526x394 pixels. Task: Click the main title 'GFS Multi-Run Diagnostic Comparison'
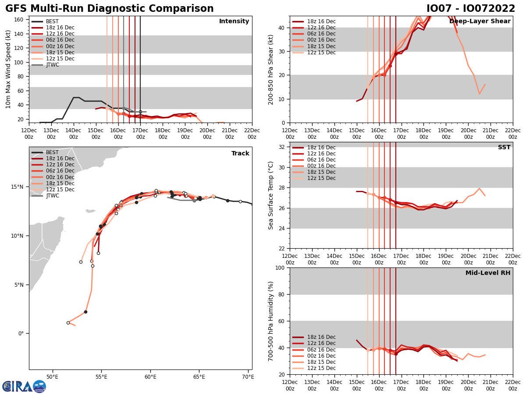(110, 9)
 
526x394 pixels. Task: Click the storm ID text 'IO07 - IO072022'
(471, 9)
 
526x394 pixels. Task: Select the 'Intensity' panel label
(234, 21)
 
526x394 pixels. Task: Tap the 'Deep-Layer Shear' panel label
(480, 21)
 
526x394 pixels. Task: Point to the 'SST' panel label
(504, 148)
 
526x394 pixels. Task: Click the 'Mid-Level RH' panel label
(488, 273)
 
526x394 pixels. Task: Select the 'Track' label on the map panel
(240, 154)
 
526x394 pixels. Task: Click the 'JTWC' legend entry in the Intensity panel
(53, 65)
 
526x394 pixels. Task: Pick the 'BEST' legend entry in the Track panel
(52, 152)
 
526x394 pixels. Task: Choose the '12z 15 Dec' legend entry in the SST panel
(321, 178)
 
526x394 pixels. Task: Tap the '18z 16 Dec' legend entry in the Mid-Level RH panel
(321, 337)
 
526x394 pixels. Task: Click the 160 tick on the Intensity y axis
(19, 20)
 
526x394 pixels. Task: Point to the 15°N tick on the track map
(18, 187)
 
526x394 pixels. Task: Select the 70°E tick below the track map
(248, 377)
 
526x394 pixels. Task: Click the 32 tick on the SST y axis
(282, 147)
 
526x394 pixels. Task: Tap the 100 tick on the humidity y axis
(281, 268)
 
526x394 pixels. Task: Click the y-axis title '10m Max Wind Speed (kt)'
(8, 69)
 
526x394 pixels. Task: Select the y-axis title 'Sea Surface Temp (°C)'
(271, 195)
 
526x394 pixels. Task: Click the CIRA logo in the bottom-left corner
(24, 387)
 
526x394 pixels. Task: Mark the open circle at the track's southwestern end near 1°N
(68, 323)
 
